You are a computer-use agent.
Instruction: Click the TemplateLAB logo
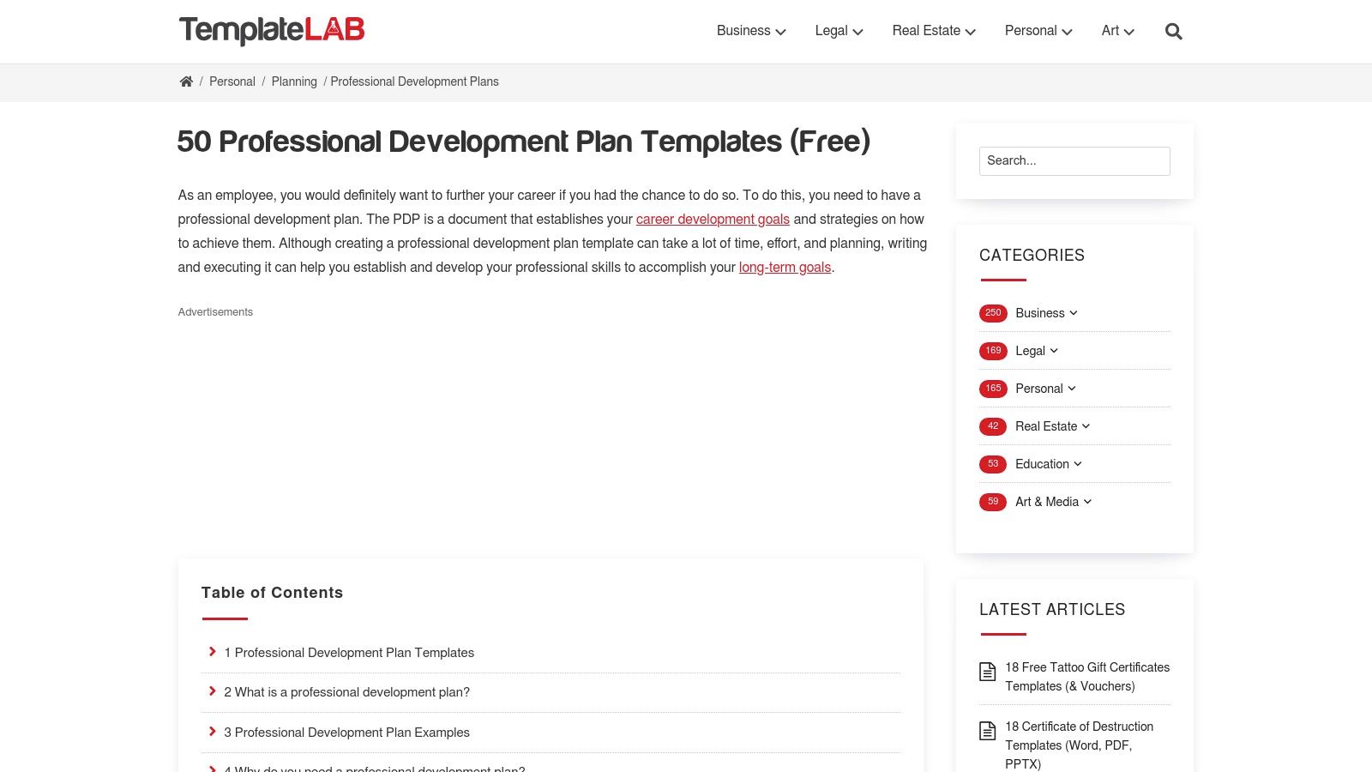271,31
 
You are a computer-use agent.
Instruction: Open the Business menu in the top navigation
750,31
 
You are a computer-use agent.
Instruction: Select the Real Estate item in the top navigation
933,31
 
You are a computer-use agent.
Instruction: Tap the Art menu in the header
1116,31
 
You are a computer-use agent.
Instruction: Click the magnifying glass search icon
1173,32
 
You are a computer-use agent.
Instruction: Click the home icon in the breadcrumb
186,81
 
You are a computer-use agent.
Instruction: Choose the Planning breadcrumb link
294,81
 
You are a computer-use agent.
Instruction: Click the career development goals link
713,220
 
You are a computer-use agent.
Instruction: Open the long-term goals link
785,268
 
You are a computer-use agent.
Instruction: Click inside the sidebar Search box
1074,161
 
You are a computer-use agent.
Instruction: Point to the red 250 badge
993,313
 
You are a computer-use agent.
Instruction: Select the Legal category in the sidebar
1030,351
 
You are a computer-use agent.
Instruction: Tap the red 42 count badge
993,426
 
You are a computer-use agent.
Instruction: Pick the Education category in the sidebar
1042,464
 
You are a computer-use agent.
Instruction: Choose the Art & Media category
1047,502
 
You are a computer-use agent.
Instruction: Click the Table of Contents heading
272,593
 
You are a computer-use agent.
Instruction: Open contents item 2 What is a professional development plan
346,692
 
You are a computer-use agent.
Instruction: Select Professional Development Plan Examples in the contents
346,733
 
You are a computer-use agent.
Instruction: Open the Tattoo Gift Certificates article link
1086,677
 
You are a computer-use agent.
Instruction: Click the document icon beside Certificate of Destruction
988,731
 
